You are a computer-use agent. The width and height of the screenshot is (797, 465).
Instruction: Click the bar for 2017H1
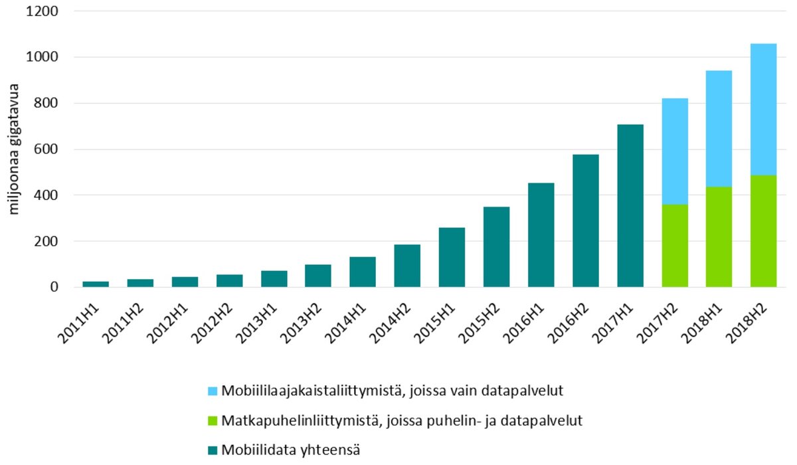click(630, 205)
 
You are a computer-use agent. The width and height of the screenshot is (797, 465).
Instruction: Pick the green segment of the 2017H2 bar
click(674, 245)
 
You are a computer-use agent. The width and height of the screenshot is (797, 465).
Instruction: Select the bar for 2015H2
click(496, 246)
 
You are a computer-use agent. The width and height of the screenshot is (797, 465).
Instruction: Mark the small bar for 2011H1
click(96, 284)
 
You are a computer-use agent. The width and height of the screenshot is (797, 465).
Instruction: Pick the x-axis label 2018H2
click(754, 322)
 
